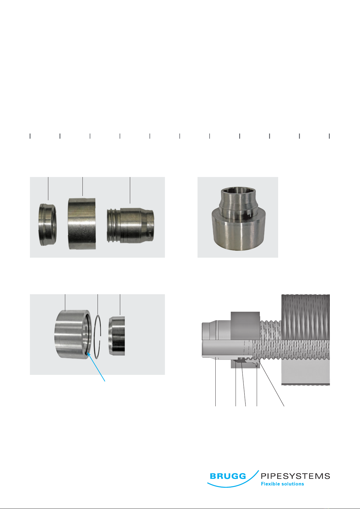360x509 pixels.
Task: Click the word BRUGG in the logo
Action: click(228, 476)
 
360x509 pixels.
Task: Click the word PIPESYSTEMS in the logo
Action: click(295, 476)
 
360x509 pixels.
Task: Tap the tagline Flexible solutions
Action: click(282, 484)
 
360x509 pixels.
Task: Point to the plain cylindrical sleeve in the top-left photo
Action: click(82, 224)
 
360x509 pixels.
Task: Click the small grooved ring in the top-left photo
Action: click(47, 224)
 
